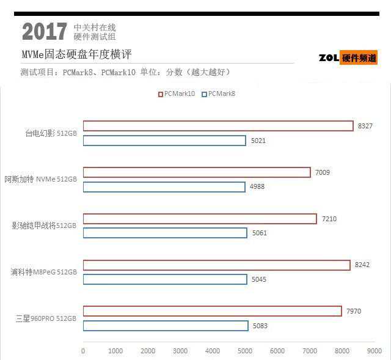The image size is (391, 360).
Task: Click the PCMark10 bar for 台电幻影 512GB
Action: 218,126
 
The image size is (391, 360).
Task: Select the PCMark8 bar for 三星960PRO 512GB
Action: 166,326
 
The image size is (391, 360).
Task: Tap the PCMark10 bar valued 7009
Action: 197,172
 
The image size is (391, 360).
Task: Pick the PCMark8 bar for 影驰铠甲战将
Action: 165,233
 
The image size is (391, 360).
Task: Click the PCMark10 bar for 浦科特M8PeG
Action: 217,265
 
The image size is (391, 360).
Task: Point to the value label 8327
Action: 365,126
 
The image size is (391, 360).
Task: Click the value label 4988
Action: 257,186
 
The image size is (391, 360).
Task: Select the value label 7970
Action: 354,311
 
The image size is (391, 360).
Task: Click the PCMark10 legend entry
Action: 177,94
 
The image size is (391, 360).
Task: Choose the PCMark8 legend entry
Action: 218,94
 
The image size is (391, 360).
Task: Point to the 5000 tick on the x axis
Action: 245,351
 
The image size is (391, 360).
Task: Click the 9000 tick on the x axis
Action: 374,351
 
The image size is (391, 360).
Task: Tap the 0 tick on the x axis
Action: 83,351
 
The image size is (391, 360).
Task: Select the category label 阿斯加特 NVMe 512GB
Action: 41,179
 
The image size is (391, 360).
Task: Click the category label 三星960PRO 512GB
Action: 46,318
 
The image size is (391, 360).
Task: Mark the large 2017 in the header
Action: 45,32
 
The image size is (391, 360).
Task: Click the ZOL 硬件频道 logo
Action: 348,58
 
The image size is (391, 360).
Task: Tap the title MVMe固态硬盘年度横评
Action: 76,54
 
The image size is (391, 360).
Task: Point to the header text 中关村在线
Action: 95,28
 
